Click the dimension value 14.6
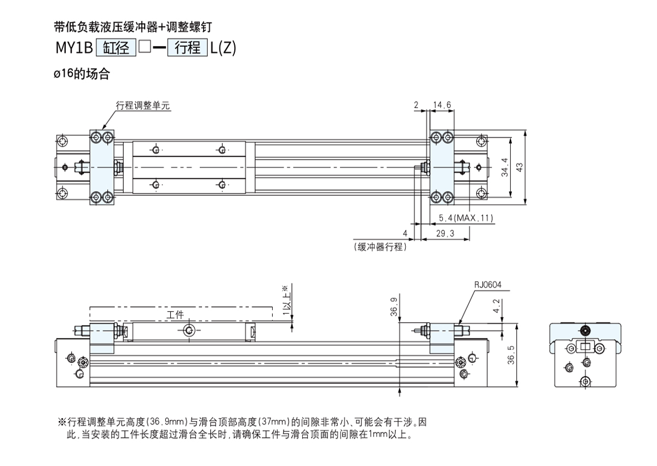[442, 105]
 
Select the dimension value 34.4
[505, 167]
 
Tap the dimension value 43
[520, 167]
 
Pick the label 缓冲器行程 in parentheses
[380, 247]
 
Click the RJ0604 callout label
[488, 285]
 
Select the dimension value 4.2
[496, 306]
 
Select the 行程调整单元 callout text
[143, 105]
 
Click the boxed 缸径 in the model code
[116, 48]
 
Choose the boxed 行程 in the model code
[187, 48]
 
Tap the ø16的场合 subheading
[82, 74]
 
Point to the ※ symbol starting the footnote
[61, 422]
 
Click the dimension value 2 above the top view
[416, 105]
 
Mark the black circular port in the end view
[585, 330]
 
